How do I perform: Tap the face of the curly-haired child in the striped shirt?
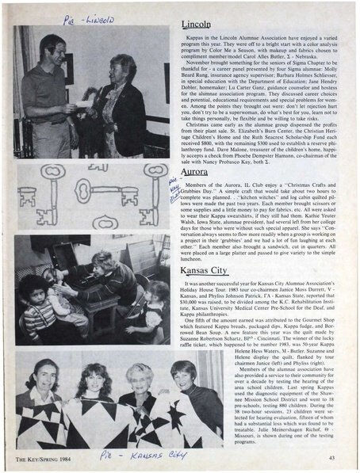(33, 290)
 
